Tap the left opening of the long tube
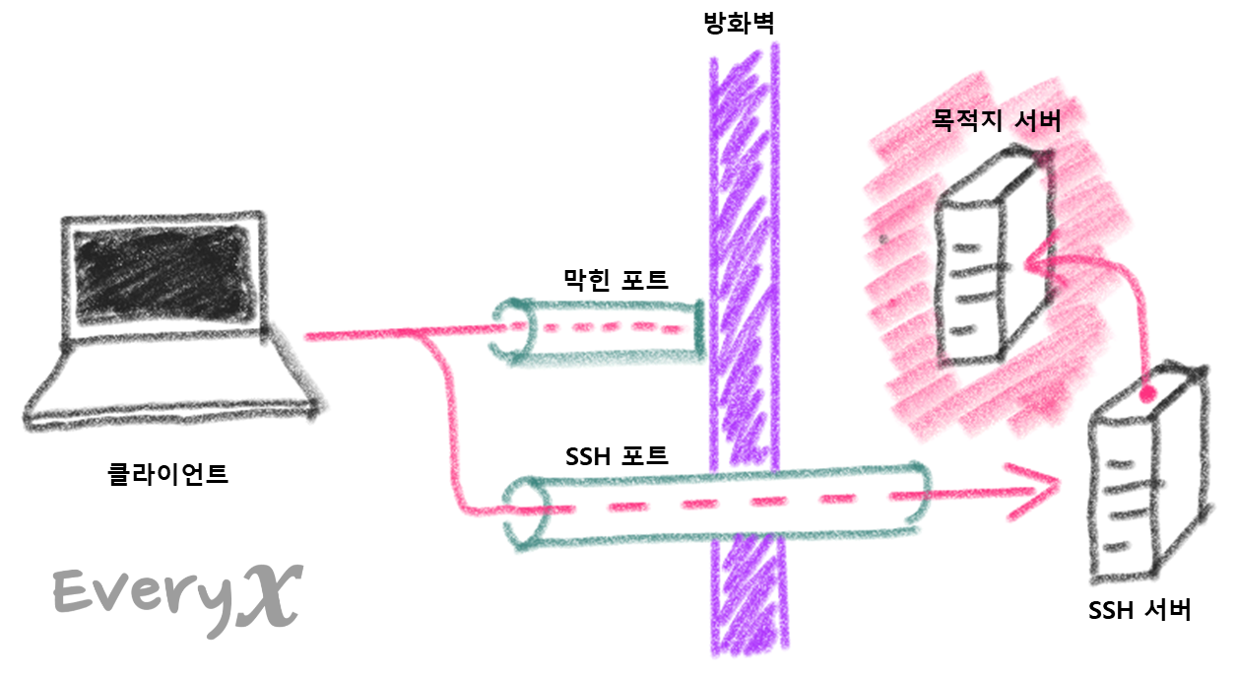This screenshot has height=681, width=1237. coord(525,512)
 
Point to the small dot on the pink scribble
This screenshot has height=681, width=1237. coord(883,238)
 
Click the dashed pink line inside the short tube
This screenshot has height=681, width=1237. coord(611,328)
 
